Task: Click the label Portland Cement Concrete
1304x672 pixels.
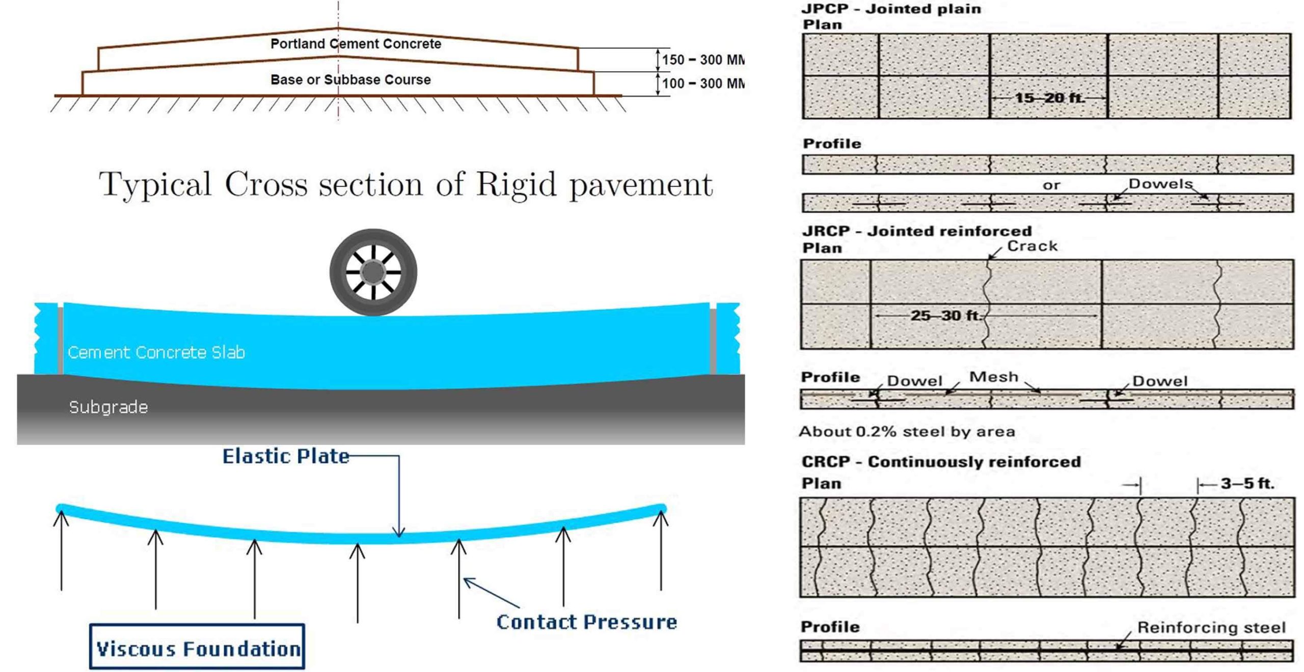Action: pyautogui.click(x=356, y=44)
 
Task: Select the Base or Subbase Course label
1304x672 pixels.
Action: pyautogui.click(x=350, y=79)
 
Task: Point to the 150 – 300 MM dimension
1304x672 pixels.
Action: pyautogui.click(x=703, y=60)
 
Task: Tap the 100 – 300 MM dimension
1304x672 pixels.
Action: pyautogui.click(x=703, y=83)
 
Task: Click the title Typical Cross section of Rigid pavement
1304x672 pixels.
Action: pyautogui.click(x=405, y=184)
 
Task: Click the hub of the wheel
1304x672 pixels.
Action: pyautogui.click(x=373, y=272)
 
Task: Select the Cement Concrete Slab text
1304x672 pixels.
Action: pyautogui.click(x=156, y=352)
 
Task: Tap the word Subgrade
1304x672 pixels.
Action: pyautogui.click(x=108, y=407)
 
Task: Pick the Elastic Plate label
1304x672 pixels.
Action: pyautogui.click(x=286, y=456)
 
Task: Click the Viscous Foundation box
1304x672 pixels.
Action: pyautogui.click(x=197, y=646)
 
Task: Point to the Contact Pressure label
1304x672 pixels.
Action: pyautogui.click(x=587, y=622)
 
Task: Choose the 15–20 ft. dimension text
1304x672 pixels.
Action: pyautogui.click(x=1049, y=97)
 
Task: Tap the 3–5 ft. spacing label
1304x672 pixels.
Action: pyautogui.click(x=1247, y=483)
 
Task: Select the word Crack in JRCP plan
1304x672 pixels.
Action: pyautogui.click(x=1033, y=246)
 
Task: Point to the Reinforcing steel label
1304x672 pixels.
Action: pyautogui.click(x=1211, y=627)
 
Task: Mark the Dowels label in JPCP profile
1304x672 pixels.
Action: pyautogui.click(x=1161, y=184)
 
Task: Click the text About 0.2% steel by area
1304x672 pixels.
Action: pyautogui.click(x=907, y=432)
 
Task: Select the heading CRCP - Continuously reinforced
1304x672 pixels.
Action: pyautogui.click(x=941, y=462)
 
